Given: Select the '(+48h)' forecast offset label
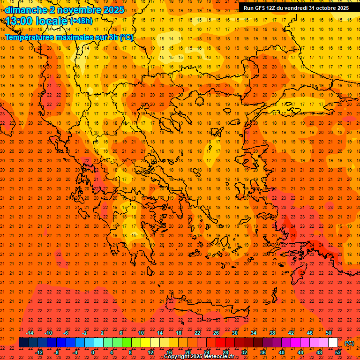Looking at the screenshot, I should (x=82, y=21).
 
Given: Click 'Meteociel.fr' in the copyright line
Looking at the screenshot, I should (x=216, y=357).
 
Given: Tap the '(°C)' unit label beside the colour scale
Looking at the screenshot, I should (x=349, y=344).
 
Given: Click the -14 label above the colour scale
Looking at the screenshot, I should (x=30, y=333).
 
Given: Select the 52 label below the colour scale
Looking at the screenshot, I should (x=338, y=352).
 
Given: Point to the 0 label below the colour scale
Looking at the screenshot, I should (x=93, y=352).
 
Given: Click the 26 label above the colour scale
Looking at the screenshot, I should (x=216, y=333).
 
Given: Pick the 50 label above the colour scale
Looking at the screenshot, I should (x=329, y=333).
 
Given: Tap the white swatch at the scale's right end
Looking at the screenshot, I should (x=333, y=343).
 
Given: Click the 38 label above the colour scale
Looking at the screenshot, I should (x=272, y=333).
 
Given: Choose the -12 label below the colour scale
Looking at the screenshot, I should (x=39, y=352).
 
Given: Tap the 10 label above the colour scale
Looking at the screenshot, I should (x=141, y=333).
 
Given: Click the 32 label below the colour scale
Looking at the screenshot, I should (x=244, y=352).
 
